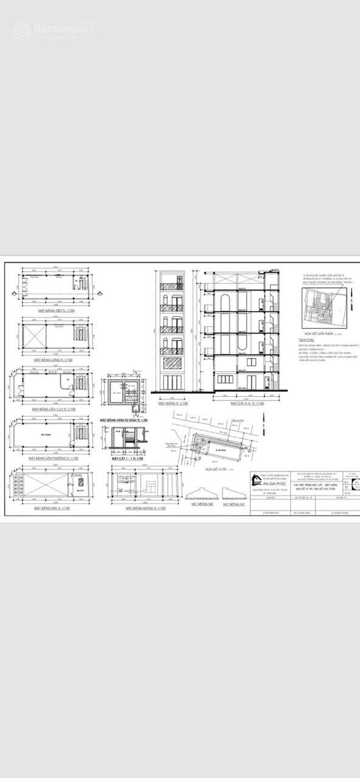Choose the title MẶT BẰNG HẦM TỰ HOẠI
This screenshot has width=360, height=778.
coord(124,420)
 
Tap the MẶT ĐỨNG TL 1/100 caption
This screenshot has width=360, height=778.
coord(173,403)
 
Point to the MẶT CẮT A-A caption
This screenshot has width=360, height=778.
coord(247,403)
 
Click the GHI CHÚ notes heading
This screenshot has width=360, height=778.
coord(305,340)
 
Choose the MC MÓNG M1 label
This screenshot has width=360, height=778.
coord(234,504)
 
